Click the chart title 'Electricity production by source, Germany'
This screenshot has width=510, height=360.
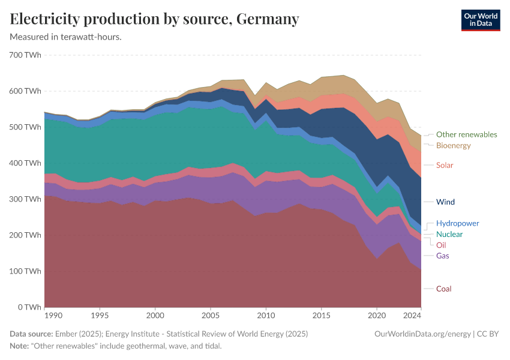(x=154, y=19)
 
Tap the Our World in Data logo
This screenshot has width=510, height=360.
(x=480, y=20)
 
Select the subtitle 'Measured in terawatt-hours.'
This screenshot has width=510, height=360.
(x=66, y=37)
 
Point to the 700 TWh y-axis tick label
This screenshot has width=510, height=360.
(x=25, y=55)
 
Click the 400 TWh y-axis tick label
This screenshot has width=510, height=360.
(x=25, y=163)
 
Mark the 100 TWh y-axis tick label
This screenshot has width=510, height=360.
(x=25, y=271)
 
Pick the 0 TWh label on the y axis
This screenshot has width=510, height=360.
(x=29, y=307)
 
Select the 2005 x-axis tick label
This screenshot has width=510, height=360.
(x=211, y=315)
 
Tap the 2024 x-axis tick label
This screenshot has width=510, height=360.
(x=413, y=315)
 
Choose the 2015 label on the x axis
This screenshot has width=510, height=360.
(x=322, y=315)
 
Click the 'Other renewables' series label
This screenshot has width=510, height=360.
(x=466, y=134)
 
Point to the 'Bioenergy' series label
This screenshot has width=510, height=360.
(x=453, y=145)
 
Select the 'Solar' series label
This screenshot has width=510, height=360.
(x=445, y=165)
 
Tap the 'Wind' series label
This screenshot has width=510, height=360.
(x=445, y=202)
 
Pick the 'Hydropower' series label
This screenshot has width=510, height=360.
(x=457, y=223)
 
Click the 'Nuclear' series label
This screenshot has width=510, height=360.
(x=449, y=234)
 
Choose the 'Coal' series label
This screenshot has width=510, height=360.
(x=443, y=289)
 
